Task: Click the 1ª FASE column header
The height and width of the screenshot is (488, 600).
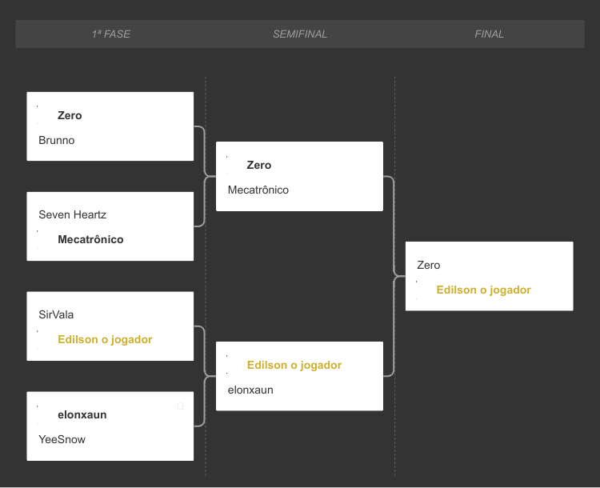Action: click(x=111, y=34)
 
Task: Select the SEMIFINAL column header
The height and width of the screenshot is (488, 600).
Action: click(x=300, y=34)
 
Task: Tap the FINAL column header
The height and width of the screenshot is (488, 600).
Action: click(x=489, y=34)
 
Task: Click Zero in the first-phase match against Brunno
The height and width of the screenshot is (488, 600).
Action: click(x=70, y=115)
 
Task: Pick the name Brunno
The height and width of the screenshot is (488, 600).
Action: click(x=57, y=140)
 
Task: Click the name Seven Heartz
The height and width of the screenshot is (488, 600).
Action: click(x=72, y=214)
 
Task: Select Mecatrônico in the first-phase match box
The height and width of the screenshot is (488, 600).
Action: click(x=90, y=239)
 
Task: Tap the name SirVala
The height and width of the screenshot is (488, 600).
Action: click(x=56, y=314)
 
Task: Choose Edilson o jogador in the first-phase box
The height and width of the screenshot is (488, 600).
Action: click(x=106, y=339)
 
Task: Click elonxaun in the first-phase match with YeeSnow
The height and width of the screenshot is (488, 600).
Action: click(x=82, y=414)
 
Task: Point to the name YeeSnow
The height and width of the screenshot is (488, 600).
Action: click(x=62, y=439)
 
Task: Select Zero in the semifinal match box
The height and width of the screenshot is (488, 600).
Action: click(x=259, y=165)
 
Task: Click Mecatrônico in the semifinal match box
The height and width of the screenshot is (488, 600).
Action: click(x=258, y=190)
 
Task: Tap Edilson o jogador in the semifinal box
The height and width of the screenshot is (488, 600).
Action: click(x=294, y=365)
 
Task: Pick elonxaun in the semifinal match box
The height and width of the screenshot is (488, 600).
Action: click(x=250, y=390)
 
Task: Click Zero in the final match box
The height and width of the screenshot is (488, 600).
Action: click(x=429, y=265)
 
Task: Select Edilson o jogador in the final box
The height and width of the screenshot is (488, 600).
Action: click(x=484, y=290)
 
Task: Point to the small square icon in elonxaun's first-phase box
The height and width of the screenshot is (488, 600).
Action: click(x=181, y=406)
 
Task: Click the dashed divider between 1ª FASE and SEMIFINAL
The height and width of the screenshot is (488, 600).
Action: click(x=206, y=276)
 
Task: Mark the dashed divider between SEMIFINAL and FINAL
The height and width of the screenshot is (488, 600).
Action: click(x=395, y=276)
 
